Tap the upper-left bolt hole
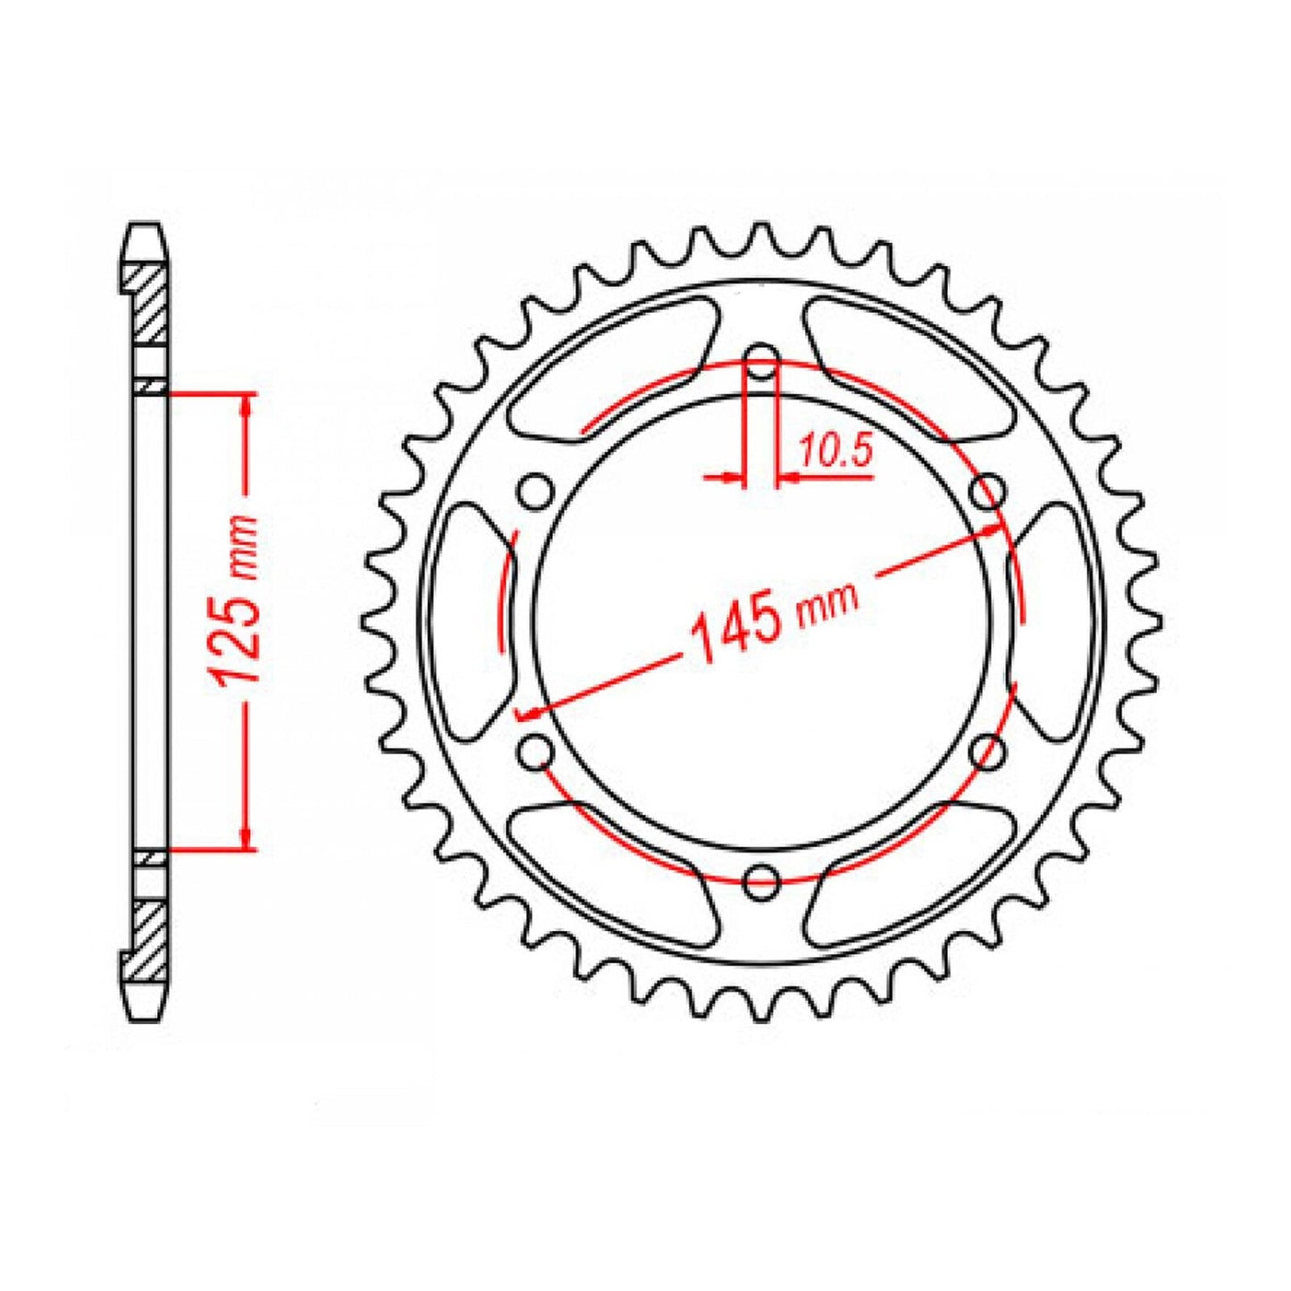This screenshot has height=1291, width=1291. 536,491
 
